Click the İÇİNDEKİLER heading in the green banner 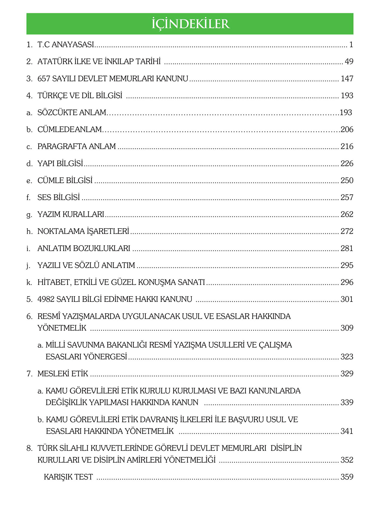click(190, 24)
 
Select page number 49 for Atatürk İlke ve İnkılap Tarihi click(349, 62)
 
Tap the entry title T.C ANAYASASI click(66, 45)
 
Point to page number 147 click(347, 79)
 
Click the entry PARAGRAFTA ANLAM click(77, 146)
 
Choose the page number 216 click(347, 146)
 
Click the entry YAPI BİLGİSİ click(60, 164)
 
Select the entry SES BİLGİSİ click(59, 197)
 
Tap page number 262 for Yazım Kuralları click(347, 214)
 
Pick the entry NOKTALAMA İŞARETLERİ click(83, 231)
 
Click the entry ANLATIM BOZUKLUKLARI click(84, 248)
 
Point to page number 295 click(347, 265)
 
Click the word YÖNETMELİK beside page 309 click(62, 328)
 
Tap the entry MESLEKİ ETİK click(63, 374)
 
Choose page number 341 click(347, 431)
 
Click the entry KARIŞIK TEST click(68, 477)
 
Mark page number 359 click(347, 477)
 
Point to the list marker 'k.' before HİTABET click(29, 282)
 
